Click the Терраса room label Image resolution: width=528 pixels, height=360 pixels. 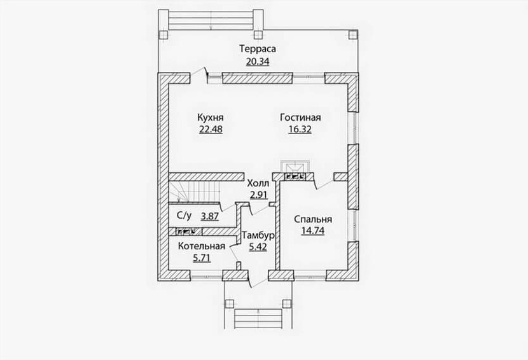coord(258,49)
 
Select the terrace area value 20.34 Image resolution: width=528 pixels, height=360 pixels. coord(258,62)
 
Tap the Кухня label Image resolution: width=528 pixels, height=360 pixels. coord(211,118)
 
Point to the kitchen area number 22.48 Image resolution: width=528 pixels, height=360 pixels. coord(211,129)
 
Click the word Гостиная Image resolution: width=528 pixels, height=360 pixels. coord(300,118)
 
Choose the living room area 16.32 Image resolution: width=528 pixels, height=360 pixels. coord(300,129)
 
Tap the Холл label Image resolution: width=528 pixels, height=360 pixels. coord(258,184)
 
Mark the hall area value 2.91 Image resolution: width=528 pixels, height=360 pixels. coord(259,195)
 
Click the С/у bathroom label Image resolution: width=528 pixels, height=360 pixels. coord(184,216)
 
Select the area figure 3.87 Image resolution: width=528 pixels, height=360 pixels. coord(210,216)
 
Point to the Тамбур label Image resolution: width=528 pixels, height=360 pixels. coord(258,235)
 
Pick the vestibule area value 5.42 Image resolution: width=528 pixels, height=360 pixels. coord(258,247)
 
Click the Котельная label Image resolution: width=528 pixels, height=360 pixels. coord(202,246)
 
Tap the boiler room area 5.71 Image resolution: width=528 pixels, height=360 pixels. coord(202,258)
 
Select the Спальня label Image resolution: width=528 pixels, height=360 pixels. coord(313,219)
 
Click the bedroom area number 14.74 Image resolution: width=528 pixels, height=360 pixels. coord(313,231)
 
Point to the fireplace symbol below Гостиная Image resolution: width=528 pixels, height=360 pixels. coord(295,167)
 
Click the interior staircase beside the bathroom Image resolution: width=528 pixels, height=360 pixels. coord(195,192)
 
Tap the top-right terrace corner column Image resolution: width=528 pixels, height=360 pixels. coord(352,34)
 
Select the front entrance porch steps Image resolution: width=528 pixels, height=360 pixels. coord(258,318)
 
